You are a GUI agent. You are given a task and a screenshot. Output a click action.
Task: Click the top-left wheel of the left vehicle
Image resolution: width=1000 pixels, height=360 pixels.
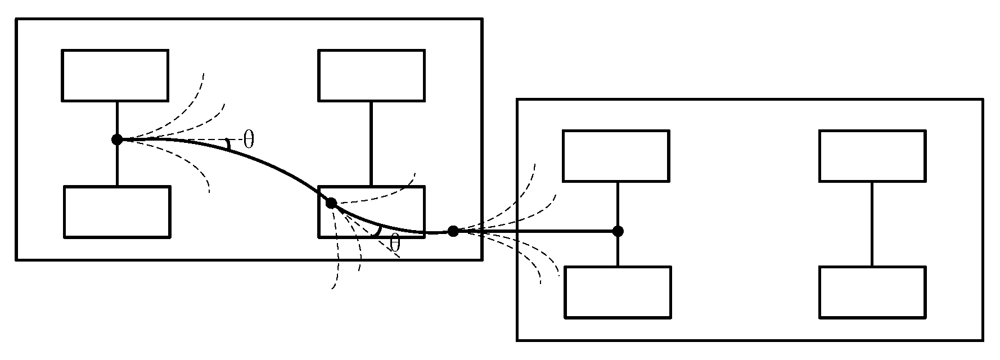(115, 75)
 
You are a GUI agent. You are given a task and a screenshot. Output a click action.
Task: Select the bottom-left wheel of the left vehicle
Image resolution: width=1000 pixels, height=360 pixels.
(117, 212)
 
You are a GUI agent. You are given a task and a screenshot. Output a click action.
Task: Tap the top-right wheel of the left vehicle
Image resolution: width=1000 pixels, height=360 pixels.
(371, 75)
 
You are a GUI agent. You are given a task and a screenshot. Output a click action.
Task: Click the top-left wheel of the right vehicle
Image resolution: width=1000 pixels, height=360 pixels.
(616, 156)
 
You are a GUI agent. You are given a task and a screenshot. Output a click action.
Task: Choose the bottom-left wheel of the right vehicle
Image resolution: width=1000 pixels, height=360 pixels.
(618, 292)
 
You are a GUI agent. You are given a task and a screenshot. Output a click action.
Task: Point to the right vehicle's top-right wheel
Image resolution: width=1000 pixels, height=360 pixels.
(872, 156)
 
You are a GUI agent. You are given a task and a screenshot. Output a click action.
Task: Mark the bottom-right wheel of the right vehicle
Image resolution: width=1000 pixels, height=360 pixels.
(872, 292)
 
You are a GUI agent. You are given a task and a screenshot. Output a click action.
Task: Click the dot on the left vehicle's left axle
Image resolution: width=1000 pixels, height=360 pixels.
(117, 139)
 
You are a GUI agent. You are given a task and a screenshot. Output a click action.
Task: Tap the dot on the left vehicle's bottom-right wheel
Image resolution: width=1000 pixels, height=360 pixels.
(331, 203)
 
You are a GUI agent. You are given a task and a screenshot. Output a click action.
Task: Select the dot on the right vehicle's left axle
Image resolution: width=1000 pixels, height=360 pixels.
(618, 231)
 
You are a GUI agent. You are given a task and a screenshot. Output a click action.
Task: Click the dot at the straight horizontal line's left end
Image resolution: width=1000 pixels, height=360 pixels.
(453, 231)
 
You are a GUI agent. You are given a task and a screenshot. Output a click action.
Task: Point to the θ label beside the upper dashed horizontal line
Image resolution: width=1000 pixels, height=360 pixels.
(249, 139)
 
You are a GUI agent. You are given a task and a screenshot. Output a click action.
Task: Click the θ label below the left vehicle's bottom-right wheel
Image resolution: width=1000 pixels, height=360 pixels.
(395, 244)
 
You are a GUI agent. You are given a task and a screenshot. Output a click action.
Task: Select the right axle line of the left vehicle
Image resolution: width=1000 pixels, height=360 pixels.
(371, 143)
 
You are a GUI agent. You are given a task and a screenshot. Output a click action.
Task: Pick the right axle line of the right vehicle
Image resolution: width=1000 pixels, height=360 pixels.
(872, 223)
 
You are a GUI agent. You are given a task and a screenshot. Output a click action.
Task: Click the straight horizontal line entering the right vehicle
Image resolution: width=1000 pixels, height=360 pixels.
(534, 231)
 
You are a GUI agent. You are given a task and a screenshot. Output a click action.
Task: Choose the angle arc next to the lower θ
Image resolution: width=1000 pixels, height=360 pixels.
(379, 231)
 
